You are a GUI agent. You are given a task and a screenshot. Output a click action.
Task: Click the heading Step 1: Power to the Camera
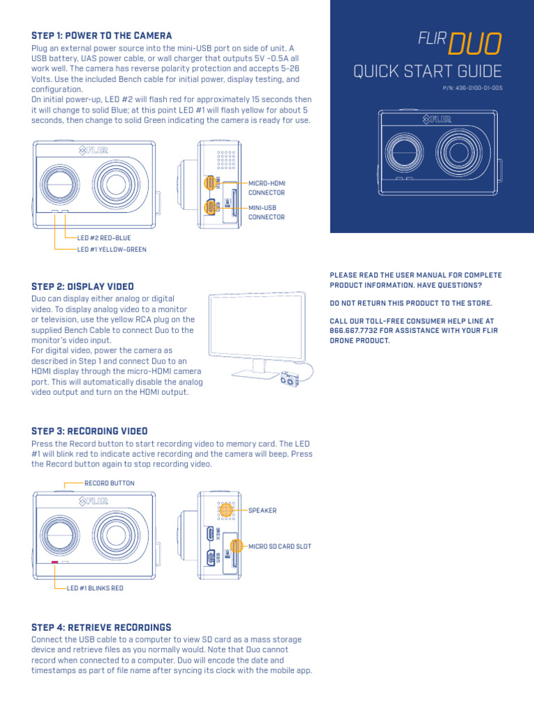click(102, 35)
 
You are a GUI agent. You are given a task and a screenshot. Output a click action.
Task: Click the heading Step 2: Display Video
click(83, 286)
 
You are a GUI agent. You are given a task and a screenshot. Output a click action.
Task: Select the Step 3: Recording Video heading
click(90, 431)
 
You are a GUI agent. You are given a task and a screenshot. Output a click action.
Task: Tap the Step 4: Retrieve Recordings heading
click(102, 627)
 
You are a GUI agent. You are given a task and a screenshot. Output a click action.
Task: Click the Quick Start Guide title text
click(428, 72)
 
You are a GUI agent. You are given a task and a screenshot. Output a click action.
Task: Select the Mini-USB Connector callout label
click(267, 212)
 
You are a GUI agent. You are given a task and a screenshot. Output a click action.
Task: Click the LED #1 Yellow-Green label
click(112, 249)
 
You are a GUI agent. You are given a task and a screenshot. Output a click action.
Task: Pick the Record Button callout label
click(109, 483)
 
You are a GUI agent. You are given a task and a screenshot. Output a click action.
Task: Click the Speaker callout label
click(263, 510)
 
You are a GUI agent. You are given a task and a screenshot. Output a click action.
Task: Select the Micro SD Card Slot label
click(280, 547)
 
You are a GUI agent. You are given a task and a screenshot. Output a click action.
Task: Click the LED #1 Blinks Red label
click(95, 588)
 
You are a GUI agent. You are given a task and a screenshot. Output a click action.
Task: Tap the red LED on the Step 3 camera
click(54, 562)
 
